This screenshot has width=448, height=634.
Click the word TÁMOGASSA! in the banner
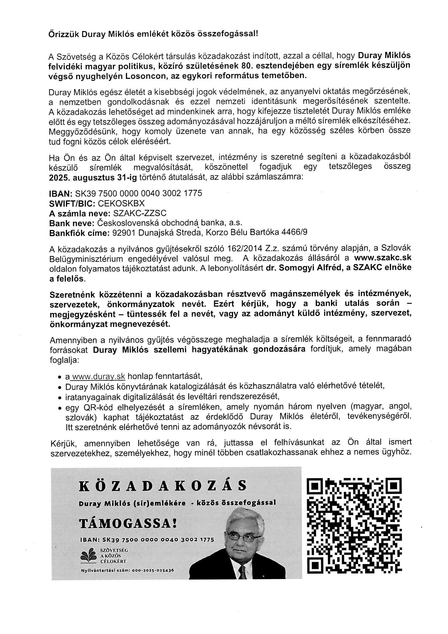[128, 523]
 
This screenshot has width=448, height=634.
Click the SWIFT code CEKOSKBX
[121, 203]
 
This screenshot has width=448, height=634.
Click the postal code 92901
[124, 233]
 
